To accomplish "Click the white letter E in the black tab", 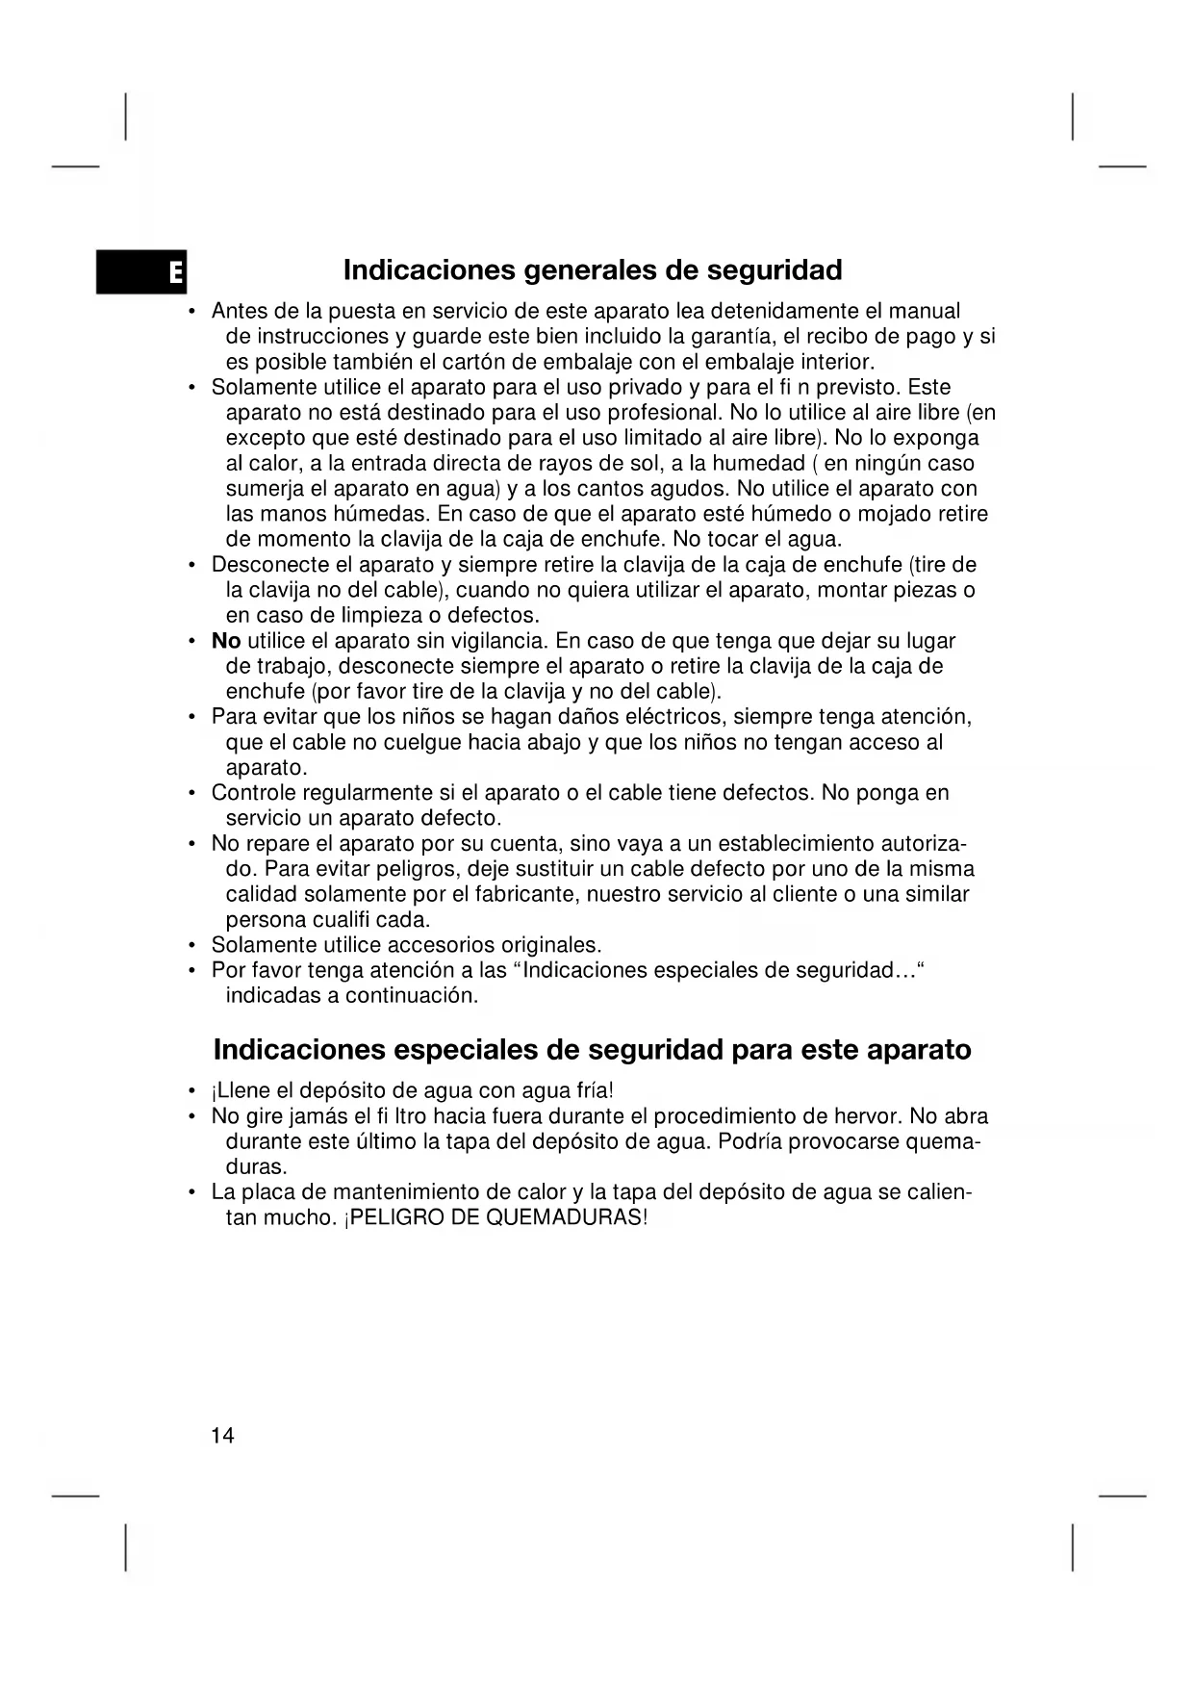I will pos(174,273).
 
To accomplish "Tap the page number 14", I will pos(222,1436).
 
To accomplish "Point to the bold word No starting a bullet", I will pos(226,641).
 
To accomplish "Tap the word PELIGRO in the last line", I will pos(389,1217).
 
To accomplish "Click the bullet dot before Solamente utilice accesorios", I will pos(192,945).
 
